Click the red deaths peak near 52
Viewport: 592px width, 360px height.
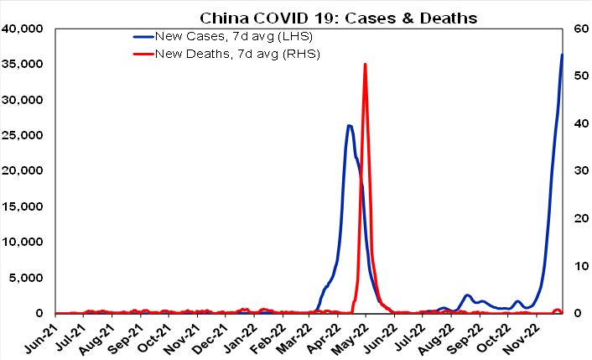[365, 65]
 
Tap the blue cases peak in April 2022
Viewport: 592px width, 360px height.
[349, 126]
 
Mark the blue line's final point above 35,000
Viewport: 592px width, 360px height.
[562, 55]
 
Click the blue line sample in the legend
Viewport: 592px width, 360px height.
[148, 38]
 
